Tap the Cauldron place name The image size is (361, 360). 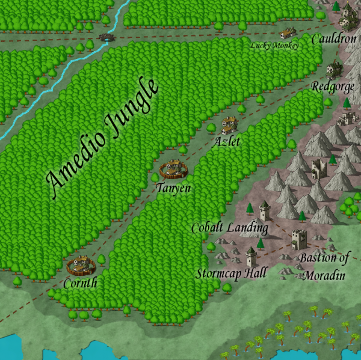(334, 39)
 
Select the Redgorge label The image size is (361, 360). (333, 87)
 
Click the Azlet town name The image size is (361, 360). (227, 142)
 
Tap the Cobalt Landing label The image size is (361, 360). (229, 228)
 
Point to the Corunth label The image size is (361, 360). (79, 282)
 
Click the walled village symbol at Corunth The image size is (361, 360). (82, 265)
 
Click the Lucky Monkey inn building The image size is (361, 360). (288, 32)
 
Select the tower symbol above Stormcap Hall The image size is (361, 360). (251, 257)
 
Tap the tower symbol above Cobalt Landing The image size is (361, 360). (264, 211)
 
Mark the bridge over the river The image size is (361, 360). (108, 37)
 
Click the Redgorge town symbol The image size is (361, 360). (334, 70)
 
